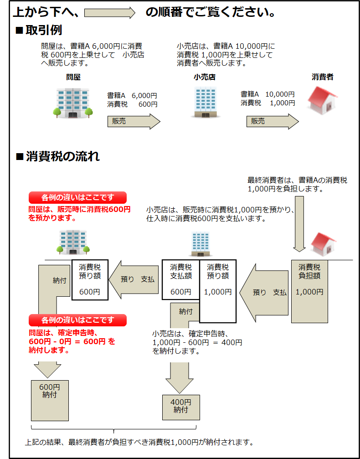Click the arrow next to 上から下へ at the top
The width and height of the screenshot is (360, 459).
tap(110, 13)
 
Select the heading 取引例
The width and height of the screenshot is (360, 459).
tap(44, 31)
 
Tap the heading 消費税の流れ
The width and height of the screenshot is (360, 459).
tap(62, 157)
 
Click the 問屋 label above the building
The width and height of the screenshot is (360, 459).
tap(73, 77)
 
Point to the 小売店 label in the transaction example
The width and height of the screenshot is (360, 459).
tap(205, 77)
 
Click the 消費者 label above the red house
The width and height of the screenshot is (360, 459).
tap(323, 77)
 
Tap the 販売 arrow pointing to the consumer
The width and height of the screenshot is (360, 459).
tap(273, 122)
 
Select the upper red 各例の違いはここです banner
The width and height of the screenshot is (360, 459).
tap(77, 197)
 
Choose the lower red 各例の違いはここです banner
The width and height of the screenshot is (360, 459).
tap(77, 320)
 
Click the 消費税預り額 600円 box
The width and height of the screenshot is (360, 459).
tap(90, 279)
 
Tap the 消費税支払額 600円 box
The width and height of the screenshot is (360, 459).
tap(181, 279)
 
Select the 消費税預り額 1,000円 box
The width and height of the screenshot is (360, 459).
tap(218, 289)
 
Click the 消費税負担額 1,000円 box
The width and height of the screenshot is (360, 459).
tap(309, 291)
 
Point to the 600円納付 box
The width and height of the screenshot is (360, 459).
tap(49, 400)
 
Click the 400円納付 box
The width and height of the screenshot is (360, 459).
tap(181, 407)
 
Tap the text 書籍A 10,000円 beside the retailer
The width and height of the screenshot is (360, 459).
tap(267, 94)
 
